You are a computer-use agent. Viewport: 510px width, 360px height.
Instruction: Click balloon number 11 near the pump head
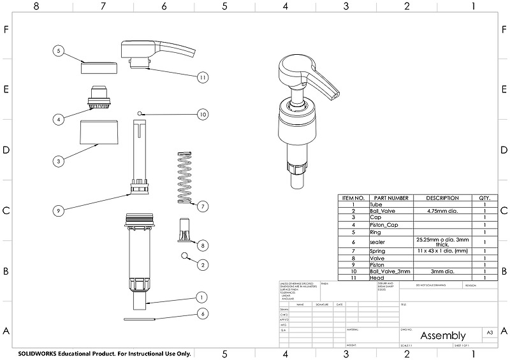[x=202, y=76]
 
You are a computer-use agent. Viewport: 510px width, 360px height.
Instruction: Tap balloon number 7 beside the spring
[x=202, y=206]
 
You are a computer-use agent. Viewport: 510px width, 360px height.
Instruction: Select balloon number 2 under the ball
[x=203, y=264]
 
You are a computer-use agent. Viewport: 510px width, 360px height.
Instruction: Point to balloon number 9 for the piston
[x=58, y=210]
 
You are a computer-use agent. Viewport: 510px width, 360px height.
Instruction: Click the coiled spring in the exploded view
[x=184, y=176]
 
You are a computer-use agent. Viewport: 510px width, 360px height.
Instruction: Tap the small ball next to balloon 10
[x=138, y=113]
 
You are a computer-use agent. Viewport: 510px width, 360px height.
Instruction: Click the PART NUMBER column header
[x=391, y=198]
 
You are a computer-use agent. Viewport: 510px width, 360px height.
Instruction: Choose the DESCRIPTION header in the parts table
[x=442, y=198]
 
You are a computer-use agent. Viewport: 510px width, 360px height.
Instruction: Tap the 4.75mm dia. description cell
[x=442, y=210]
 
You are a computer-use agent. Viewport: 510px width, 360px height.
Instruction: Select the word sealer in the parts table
[x=377, y=242]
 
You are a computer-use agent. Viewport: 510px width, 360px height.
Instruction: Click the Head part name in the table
[x=375, y=278]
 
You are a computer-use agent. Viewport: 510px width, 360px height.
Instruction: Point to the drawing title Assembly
[x=442, y=335]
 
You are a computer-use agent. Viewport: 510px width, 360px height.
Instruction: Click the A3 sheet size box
[x=490, y=333]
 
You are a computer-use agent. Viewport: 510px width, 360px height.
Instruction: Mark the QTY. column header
[x=484, y=198]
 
